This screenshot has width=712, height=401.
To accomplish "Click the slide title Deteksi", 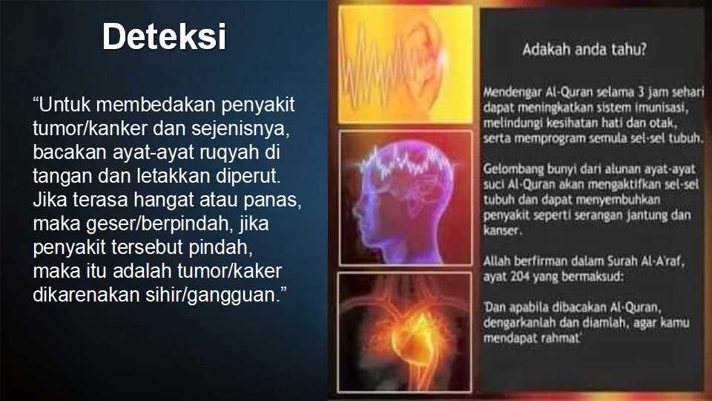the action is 164,36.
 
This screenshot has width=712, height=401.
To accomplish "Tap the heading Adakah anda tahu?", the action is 584,49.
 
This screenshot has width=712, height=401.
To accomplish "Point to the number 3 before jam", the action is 641,92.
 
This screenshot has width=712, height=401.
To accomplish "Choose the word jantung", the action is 647,215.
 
